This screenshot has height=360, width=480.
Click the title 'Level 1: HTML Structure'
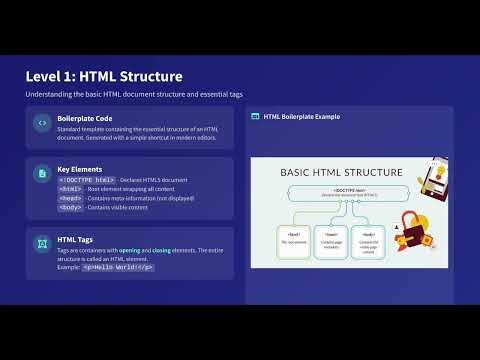104,76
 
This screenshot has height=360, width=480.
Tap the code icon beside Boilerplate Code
42,124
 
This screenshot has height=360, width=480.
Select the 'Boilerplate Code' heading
84,117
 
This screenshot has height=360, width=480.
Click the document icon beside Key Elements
42,173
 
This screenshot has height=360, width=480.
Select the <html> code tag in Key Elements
70,188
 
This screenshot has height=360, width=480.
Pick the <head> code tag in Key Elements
70,197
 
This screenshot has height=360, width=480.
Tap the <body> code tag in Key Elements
70,206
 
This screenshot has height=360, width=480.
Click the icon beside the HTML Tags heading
42,243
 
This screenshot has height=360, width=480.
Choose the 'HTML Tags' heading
75,240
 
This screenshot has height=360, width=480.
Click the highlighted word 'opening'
130,250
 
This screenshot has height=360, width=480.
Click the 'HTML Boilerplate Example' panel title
301,117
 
